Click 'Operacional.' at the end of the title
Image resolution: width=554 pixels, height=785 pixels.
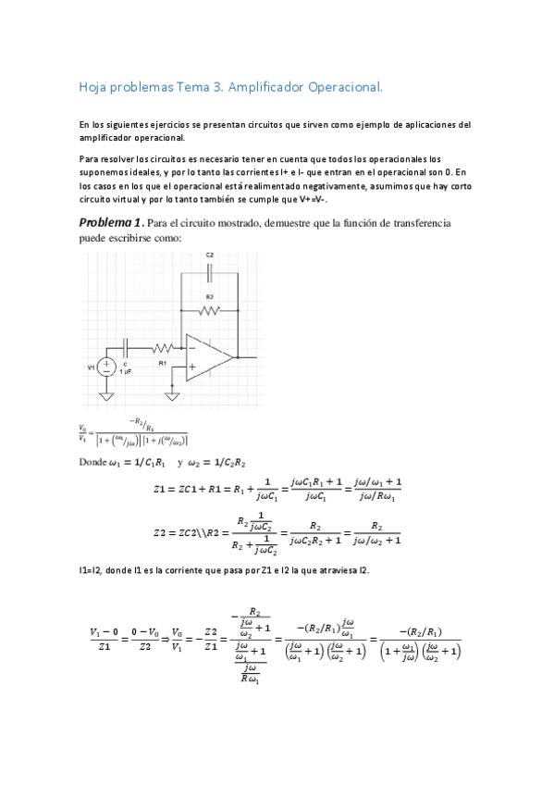pyautogui.click(x=343, y=87)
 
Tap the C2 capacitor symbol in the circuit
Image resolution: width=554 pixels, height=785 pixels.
pyautogui.click(x=210, y=271)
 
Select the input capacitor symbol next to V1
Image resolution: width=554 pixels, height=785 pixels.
pyautogui.click(x=125, y=348)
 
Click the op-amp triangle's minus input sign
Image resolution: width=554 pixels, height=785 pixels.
pyautogui.click(x=191, y=348)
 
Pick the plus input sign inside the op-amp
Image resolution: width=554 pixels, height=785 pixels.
pyautogui.click(x=191, y=366)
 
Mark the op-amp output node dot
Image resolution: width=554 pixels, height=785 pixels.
pyautogui.click(x=238, y=356)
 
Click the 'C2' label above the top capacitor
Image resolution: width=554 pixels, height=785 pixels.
pyautogui.click(x=210, y=255)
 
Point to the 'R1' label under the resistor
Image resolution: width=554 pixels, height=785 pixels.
pyautogui.click(x=162, y=364)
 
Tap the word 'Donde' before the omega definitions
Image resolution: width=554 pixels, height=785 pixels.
pyautogui.click(x=94, y=462)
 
